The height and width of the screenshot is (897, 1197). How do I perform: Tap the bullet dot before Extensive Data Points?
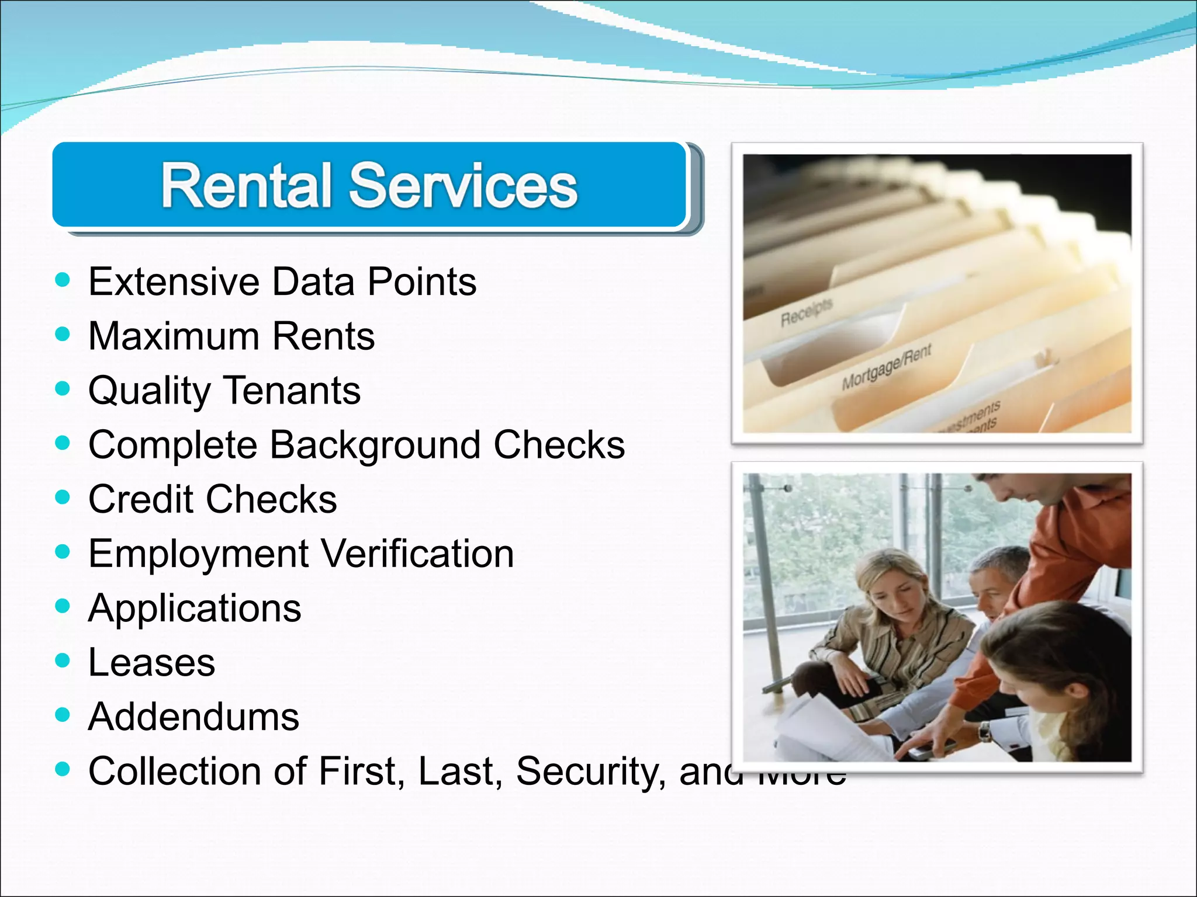[x=62, y=280]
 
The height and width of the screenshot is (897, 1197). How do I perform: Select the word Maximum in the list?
[x=174, y=336]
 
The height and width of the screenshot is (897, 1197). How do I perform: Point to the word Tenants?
[x=292, y=391]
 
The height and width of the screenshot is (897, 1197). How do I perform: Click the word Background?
[x=375, y=445]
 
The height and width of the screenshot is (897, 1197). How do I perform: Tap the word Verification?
[x=417, y=554]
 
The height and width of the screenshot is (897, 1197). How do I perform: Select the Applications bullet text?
[x=195, y=609]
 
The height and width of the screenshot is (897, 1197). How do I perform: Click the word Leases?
[x=152, y=663]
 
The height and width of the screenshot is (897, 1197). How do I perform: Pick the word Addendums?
[x=193, y=717]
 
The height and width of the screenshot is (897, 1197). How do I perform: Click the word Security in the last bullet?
[x=590, y=771]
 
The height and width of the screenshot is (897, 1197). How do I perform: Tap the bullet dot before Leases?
[x=62, y=660]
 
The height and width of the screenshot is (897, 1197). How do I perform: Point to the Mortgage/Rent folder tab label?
[x=886, y=367]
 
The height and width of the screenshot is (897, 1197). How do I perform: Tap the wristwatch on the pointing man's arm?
[x=985, y=731]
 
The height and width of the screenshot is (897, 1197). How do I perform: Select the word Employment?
[x=199, y=554]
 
